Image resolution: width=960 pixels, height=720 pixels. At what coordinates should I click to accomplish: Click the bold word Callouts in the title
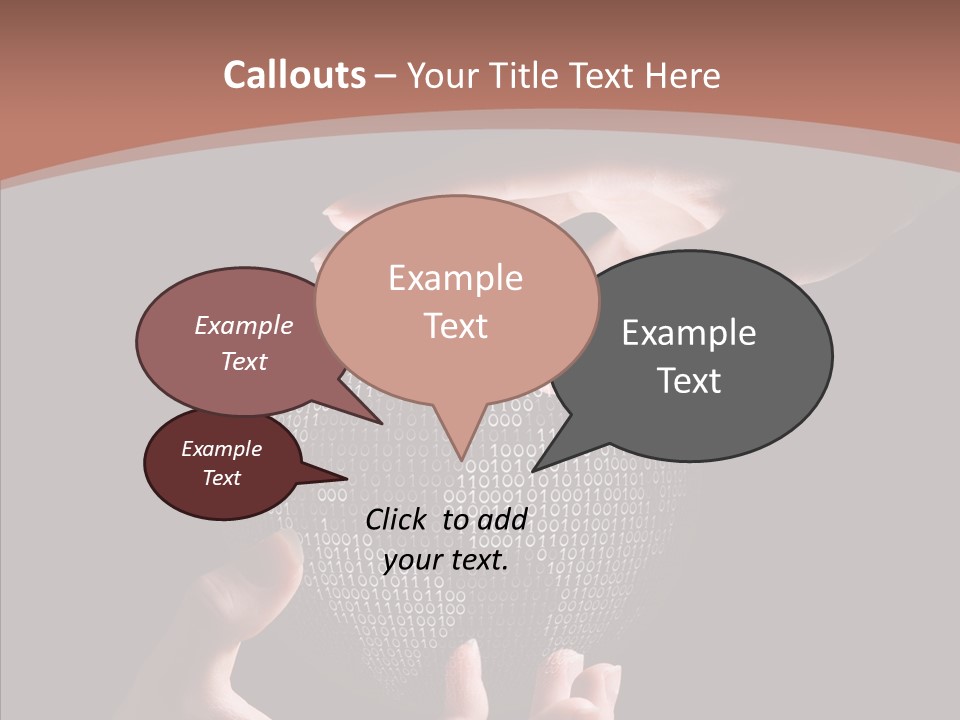(294, 75)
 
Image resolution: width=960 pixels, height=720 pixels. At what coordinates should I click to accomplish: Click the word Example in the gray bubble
(689, 333)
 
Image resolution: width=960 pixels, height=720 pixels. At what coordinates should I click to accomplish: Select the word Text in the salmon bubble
(456, 326)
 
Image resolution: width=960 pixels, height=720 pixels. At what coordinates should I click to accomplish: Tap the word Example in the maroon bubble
(221, 449)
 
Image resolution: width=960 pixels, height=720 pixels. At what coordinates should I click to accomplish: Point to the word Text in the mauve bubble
(243, 361)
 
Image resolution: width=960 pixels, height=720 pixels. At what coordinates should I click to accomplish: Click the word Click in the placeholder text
(398, 519)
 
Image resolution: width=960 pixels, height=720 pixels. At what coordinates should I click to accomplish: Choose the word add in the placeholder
(504, 519)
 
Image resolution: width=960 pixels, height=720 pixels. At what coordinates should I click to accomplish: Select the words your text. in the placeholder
(446, 560)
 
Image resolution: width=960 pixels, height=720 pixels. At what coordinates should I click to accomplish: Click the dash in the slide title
(385, 76)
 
